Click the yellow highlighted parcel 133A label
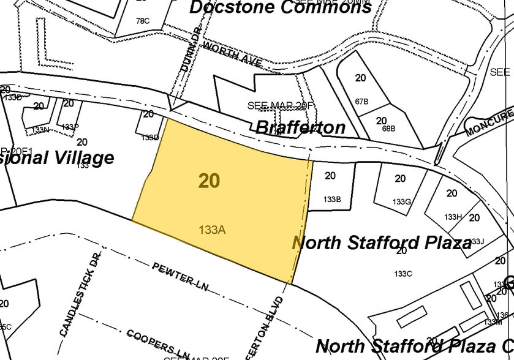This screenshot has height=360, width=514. (213, 230)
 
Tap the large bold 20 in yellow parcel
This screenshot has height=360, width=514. (209, 181)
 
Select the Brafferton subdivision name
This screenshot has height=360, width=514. (300, 127)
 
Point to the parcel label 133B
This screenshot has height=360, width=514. (332, 200)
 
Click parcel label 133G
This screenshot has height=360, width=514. (401, 201)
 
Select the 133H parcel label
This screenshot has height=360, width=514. (453, 217)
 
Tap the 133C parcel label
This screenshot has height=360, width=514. (403, 274)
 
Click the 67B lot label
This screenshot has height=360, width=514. (361, 102)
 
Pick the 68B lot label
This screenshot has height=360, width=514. (388, 129)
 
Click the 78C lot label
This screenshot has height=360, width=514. (142, 21)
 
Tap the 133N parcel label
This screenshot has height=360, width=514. (41, 130)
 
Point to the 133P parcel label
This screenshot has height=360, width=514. (70, 127)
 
